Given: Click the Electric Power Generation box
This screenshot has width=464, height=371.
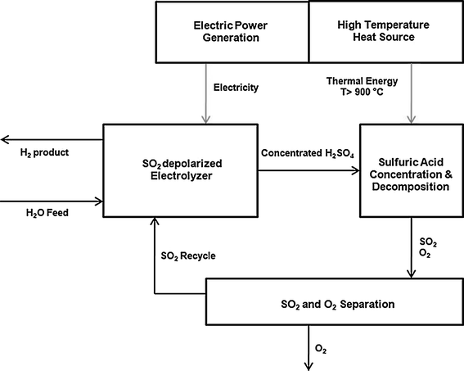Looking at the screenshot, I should pyautogui.click(x=231, y=30).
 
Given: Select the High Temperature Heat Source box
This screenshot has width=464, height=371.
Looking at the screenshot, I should pyautogui.click(x=385, y=30).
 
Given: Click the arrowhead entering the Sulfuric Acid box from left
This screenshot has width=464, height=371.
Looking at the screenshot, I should pyautogui.click(x=356, y=170).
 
